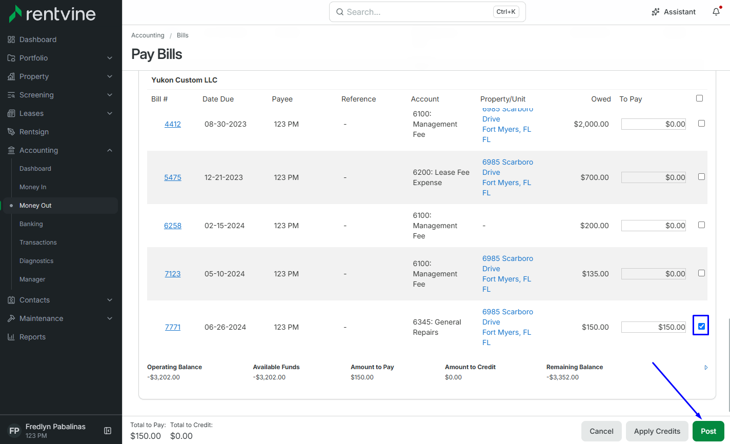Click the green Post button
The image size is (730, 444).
[708, 431]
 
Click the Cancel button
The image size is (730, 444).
[601, 431]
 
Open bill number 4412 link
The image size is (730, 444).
[172, 124]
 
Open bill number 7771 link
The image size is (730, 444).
[172, 327]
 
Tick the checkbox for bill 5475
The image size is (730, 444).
[701, 177]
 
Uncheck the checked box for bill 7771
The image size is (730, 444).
[701, 326]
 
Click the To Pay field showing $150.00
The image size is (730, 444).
[653, 327]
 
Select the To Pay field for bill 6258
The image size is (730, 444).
[653, 226]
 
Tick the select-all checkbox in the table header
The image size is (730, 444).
[699, 98]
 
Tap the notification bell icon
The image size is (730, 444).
[716, 12]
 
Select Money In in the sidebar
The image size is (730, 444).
[33, 187]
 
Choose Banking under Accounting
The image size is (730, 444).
[31, 224]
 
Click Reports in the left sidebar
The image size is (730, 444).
[32, 337]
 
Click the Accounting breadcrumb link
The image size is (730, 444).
[148, 35]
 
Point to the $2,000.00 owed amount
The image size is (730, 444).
[591, 124]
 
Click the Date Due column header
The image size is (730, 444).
[218, 99]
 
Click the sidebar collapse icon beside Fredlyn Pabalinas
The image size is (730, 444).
[108, 431]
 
